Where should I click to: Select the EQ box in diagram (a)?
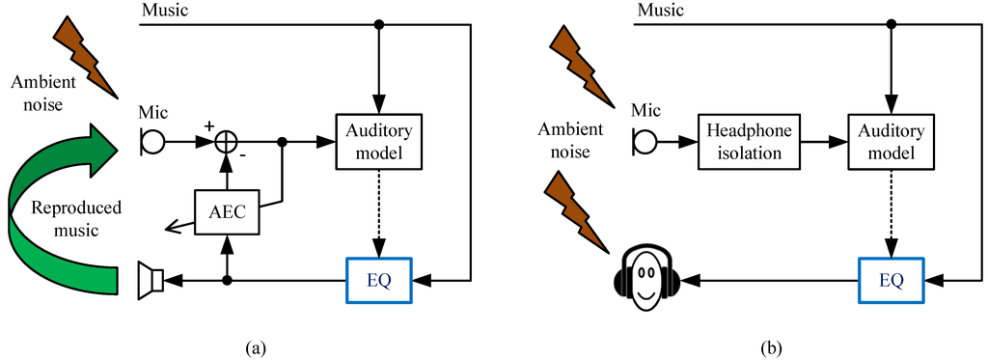coord(378,281)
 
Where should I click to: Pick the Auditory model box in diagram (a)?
coord(378,142)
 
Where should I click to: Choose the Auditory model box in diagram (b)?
coord(889,142)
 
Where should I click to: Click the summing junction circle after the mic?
coord(227,142)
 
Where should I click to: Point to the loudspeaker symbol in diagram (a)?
coord(151,281)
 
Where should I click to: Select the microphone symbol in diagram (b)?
coord(643,142)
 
